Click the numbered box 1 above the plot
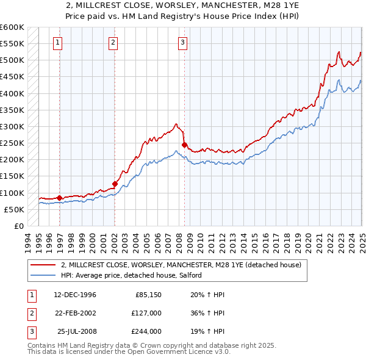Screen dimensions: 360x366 (58, 43)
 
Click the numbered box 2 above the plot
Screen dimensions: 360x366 (113, 43)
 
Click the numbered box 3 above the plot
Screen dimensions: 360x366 (183, 43)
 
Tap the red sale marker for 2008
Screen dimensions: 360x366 (185, 145)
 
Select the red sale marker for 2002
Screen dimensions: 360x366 (115, 184)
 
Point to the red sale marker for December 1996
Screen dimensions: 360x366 (59, 198)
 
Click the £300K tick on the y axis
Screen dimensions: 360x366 (13, 126)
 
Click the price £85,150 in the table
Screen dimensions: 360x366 (148, 295)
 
